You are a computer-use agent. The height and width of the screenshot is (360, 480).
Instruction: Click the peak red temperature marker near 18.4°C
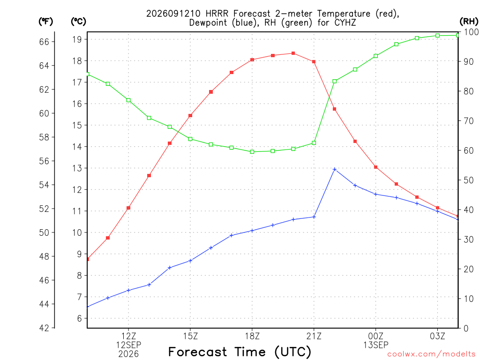pos(293,53)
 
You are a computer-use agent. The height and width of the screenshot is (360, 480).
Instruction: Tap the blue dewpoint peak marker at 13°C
pos(335,169)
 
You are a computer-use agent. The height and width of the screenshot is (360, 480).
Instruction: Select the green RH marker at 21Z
pos(314,143)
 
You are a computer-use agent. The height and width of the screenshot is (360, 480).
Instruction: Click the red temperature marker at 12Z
pos(128,208)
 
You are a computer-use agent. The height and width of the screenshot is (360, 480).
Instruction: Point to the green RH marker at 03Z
pos(437,36)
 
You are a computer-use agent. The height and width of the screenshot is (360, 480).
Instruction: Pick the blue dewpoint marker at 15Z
pos(190,261)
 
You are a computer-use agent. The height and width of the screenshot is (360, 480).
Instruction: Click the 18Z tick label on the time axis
pos(252,336)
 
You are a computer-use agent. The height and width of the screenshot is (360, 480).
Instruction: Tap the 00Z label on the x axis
pos(375,336)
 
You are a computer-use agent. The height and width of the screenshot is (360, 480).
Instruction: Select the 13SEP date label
pos(375,345)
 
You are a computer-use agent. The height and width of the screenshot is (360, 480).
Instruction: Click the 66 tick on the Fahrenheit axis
pos(44,42)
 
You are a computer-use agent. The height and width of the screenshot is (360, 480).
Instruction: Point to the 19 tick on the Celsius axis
pos(77,39)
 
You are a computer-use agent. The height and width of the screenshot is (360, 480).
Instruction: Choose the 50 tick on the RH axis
pos(468,180)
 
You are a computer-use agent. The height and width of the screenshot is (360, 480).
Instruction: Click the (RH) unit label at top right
pos(469,21)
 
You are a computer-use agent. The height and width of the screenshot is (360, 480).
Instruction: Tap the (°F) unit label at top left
pos(45,22)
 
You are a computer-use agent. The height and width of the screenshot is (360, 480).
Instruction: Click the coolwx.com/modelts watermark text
pos(431,354)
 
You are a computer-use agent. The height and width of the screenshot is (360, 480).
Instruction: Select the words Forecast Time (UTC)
pos(240,352)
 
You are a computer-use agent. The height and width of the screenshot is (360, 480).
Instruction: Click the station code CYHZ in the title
pos(345,22)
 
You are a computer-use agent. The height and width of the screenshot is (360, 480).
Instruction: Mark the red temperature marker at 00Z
pos(375,167)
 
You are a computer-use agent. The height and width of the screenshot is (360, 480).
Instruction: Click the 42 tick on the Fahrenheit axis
pos(44,328)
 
